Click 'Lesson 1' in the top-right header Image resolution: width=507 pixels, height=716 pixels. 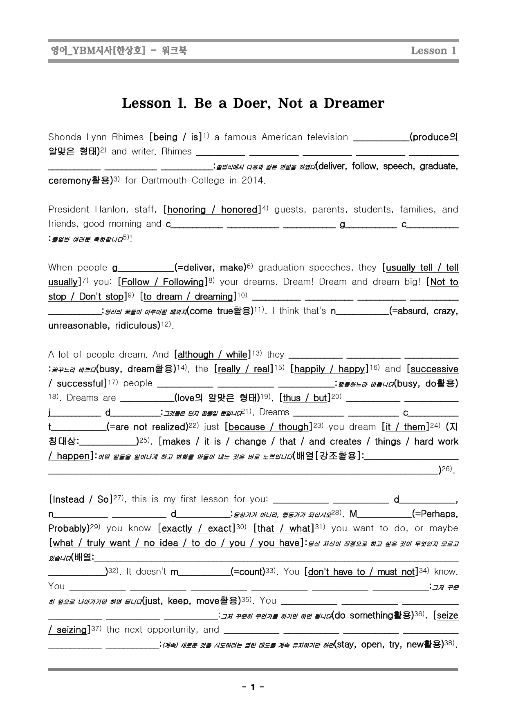[433, 51]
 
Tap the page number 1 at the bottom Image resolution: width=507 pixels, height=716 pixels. [253, 687]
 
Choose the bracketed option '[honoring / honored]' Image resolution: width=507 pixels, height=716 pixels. [212, 210]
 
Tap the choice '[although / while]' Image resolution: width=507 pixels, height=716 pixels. [212, 354]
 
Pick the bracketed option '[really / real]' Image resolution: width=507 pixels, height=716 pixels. [244, 369]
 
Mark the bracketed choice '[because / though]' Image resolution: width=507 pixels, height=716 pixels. [268, 427]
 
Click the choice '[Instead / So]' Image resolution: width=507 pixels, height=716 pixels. [81, 499]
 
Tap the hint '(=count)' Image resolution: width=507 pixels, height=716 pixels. [247, 572]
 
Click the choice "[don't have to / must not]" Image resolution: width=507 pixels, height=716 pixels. [361, 572]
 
